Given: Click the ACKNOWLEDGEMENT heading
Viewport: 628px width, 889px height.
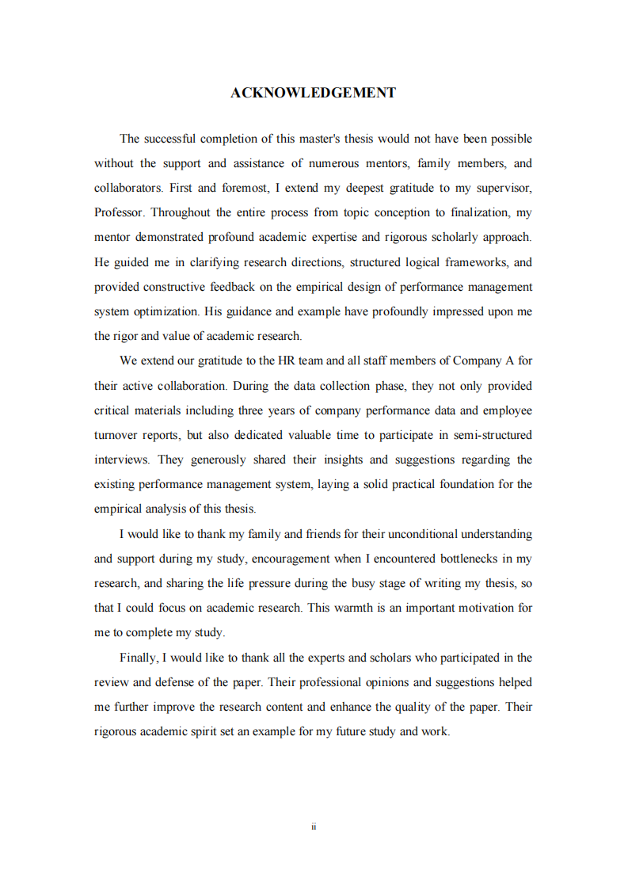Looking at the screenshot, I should [x=314, y=93].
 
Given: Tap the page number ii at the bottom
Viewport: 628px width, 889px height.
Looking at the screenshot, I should [x=314, y=826].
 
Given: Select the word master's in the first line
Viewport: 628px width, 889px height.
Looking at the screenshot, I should [x=319, y=139].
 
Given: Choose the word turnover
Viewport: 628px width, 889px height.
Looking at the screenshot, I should [x=116, y=435].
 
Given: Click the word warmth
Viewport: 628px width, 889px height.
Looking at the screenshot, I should [x=358, y=608].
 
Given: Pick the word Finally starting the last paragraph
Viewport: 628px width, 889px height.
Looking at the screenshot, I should [x=139, y=658].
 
